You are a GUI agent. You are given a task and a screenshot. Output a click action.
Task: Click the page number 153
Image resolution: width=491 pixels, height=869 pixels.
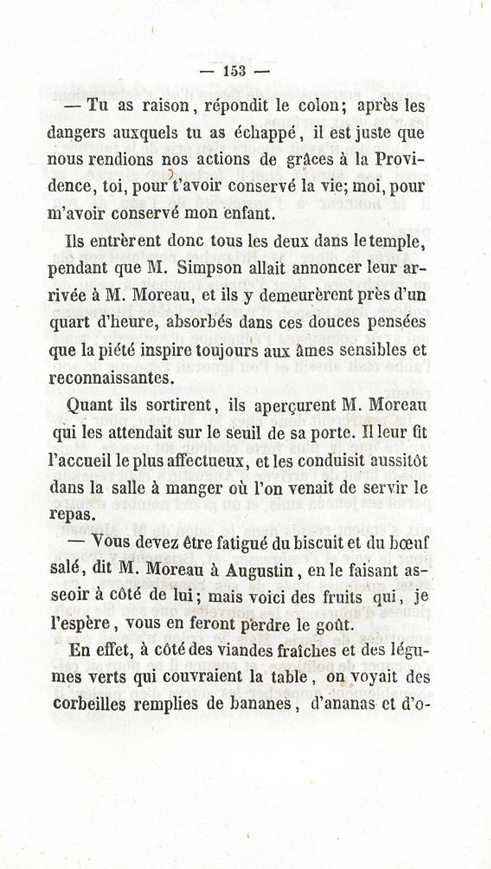tap(234, 71)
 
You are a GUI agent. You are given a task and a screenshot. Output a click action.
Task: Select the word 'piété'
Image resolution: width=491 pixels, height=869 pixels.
tap(101, 349)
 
